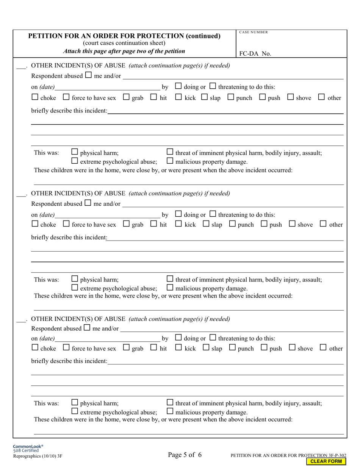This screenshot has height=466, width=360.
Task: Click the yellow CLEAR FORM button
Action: click(x=326, y=461)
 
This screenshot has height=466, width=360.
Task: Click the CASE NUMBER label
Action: click(x=254, y=32)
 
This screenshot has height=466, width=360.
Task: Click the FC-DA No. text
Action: click(x=255, y=54)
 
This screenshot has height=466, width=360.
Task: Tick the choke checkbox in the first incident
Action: click(x=35, y=97)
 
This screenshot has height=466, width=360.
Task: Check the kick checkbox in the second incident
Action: click(x=179, y=224)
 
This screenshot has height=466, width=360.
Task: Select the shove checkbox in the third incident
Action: click(x=292, y=347)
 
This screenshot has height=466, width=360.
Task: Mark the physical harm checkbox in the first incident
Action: click(x=75, y=152)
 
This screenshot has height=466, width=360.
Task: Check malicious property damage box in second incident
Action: click(x=170, y=288)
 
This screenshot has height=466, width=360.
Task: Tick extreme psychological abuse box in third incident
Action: click(x=75, y=411)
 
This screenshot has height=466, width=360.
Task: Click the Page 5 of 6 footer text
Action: click(x=185, y=455)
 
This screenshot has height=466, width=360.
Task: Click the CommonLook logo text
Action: click(x=28, y=446)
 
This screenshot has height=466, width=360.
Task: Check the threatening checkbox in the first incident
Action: click(x=213, y=86)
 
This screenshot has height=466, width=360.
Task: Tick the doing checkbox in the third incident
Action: click(x=178, y=338)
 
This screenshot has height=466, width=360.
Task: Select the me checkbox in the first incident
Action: click(x=88, y=75)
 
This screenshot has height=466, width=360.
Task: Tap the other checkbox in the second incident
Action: click(x=323, y=224)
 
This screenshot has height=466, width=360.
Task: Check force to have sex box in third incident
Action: click(x=66, y=347)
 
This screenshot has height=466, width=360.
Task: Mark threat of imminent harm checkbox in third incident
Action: click(x=170, y=403)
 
